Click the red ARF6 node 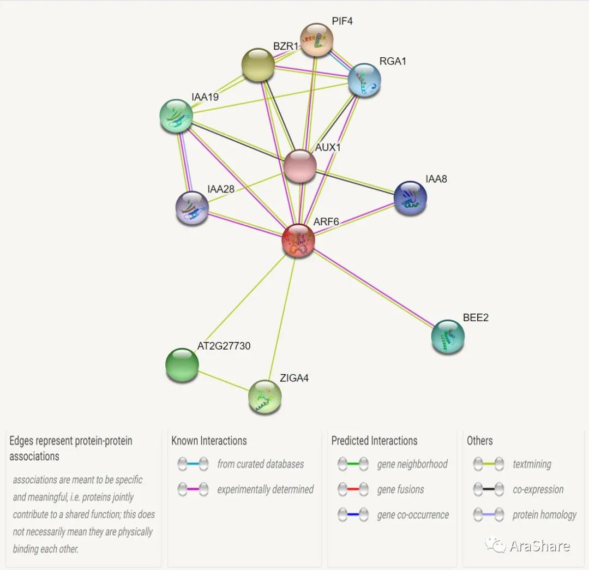pyautogui.click(x=298, y=241)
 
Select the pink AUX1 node pyautogui.click(x=300, y=166)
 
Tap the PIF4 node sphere pyautogui.click(x=317, y=39)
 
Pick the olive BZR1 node pyautogui.click(x=257, y=65)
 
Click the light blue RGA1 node pyautogui.click(x=364, y=80)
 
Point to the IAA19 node pyautogui.click(x=176, y=116)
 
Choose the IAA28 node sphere pyautogui.click(x=192, y=208)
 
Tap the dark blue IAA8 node pyautogui.click(x=410, y=198)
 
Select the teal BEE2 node pyautogui.click(x=448, y=337)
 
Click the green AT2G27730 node pyautogui.click(x=182, y=364)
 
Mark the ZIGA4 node pyautogui.click(x=265, y=397)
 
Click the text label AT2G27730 pyautogui.click(x=224, y=346)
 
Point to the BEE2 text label pyautogui.click(x=476, y=317)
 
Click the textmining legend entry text pyautogui.click(x=532, y=464)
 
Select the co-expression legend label pyautogui.click(x=538, y=489)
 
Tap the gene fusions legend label pyautogui.click(x=400, y=489)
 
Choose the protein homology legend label pyautogui.click(x=544, y=514)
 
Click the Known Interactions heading pyautogui.click(x=209, y=441)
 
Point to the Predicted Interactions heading pyautogui.click(x=374, y=441)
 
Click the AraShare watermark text pyautogui.click(x=539, y=546)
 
